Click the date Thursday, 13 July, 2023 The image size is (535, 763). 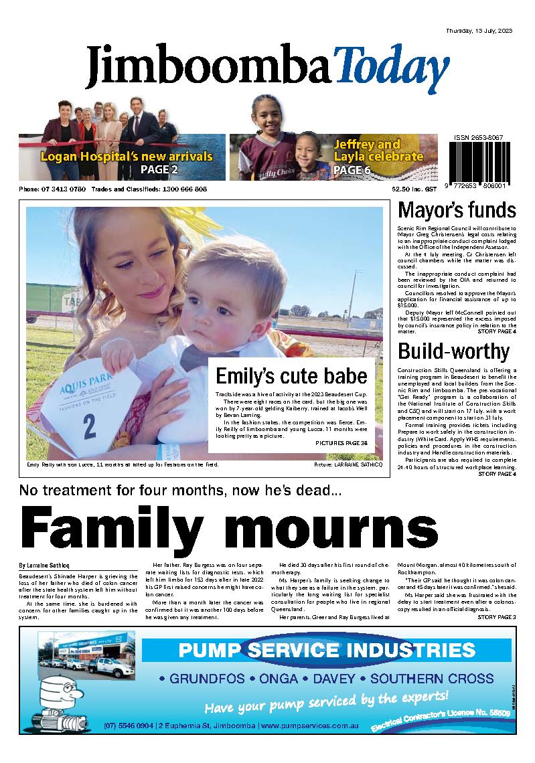pos(479,31)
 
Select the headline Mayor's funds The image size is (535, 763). pos(457,211)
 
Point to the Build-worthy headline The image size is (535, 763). pos(453,351)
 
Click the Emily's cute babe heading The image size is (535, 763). pos(291,375)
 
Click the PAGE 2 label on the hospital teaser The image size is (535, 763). pos(159,170)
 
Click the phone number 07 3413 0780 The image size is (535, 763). pos(64,189)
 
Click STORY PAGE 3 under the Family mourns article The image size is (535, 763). pos(497,616)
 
